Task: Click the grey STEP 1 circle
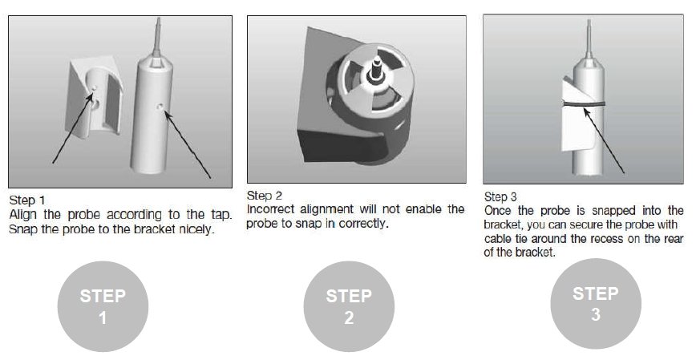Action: point(103,306)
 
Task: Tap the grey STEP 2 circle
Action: point(349,306)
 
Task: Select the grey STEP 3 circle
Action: point(596,304)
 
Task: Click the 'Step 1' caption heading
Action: point(27,200)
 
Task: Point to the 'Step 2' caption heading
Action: point(265,196)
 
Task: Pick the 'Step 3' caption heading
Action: point(500,196)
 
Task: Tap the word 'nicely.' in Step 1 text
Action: point(196,229)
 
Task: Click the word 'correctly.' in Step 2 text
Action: point(363,223)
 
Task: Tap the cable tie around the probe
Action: point(584,104)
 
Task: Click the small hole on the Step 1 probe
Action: point(160,106)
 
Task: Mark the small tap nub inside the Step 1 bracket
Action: point(94,90)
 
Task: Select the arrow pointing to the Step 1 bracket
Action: point(73,127)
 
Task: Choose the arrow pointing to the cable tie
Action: point(604,140)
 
